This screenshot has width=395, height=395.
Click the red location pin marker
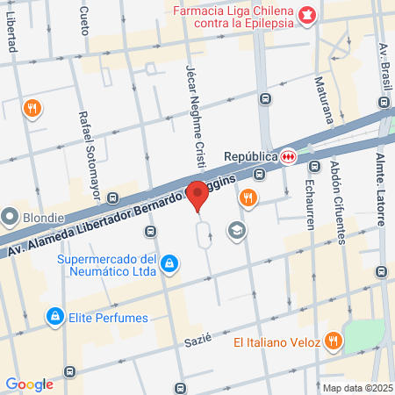(198, 194)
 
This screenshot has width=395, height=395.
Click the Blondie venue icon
(10, 216)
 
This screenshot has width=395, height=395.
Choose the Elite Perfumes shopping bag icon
(54, 315)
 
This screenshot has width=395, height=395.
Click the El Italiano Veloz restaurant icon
(333, 340)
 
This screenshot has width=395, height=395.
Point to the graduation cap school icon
(235, 230)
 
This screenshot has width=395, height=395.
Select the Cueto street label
(84, 15)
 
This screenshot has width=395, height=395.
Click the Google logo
(29, 384)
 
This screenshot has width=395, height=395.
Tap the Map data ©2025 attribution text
(357, 388)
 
